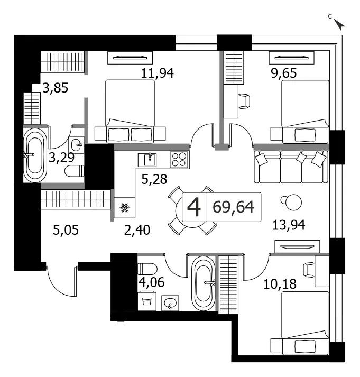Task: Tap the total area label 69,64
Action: pos(233,207)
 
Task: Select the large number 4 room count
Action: pos(193,207)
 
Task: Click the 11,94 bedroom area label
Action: pos(157,73)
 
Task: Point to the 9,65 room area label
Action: pos(284,73)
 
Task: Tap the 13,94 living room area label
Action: pos(289,225)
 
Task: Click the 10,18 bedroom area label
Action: pos(280,284)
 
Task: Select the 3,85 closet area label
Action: pos(56,88)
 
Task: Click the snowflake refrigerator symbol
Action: pos(124,207)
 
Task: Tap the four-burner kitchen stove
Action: pos(180,160)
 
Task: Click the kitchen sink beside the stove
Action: pos(147,160)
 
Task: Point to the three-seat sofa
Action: pos(291,167)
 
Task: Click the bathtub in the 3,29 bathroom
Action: pos(35,155)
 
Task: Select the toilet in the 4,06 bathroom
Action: pos(147,269)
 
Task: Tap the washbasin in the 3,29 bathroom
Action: pos(76,144)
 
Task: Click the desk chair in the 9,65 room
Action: pos(244,101)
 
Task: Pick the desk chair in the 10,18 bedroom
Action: pos(309,270)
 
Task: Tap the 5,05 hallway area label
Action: pos(66,230)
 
